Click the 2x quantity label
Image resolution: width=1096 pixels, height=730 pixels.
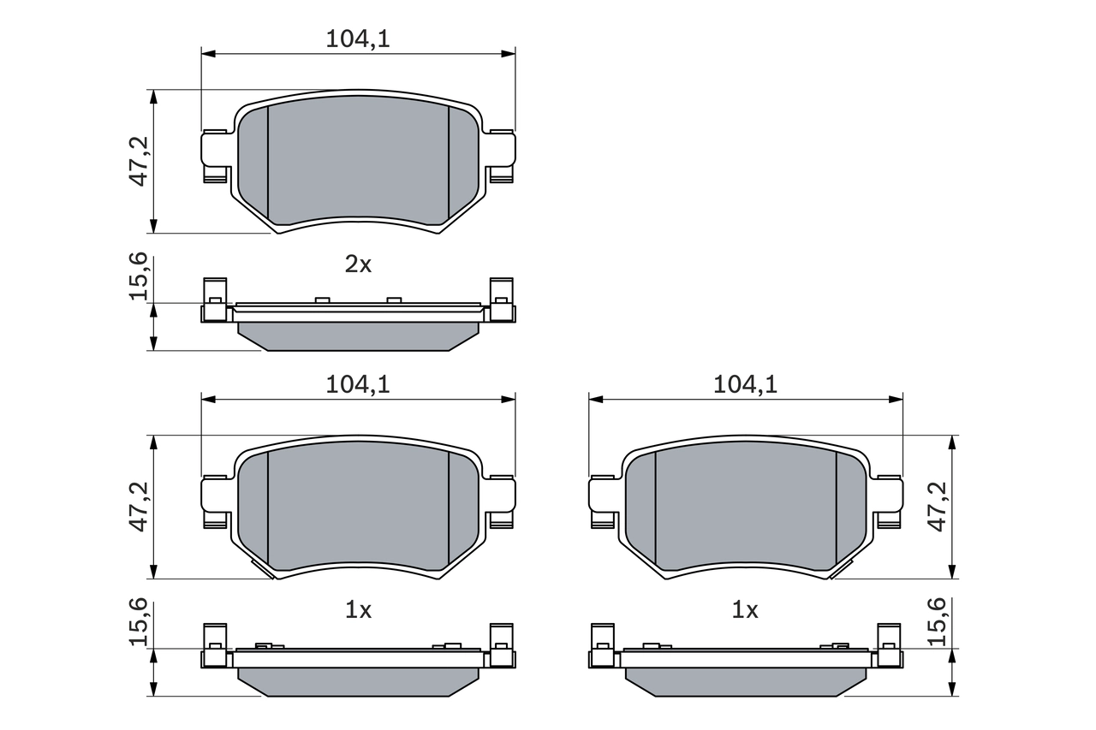[358, 264]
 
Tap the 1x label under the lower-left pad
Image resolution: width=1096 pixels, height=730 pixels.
[358, 610]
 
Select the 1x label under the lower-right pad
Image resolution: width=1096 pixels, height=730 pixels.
[745, 610]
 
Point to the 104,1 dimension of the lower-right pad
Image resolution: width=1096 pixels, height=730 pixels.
[745, 384]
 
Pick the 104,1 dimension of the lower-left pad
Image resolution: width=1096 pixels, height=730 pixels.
[358, 384]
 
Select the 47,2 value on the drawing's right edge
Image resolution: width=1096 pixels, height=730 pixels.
[939, 507]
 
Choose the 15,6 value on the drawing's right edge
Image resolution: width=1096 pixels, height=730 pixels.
[939, 622]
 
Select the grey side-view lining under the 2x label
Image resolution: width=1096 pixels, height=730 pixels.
[358, 335]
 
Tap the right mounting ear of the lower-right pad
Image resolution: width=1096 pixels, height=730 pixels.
[889, 498]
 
